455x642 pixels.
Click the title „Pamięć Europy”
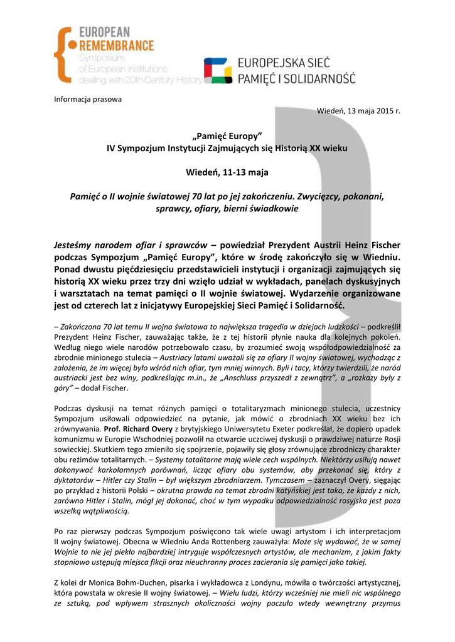pos(227,137)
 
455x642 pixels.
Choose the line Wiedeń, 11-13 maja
pos(227,172)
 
